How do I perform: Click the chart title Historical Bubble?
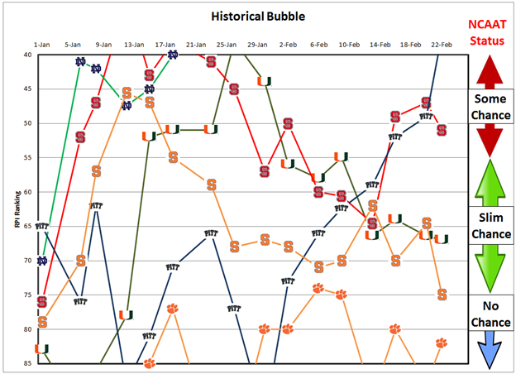[x=257, y=16]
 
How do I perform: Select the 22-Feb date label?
[x=441, y=44]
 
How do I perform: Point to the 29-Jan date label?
[x=257, y=44]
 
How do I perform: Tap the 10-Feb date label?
[x=348, y=44]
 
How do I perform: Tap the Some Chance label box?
[x=490, y=105]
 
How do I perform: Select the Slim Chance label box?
[x=490, y=224]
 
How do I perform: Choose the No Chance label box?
[x=490, y=310]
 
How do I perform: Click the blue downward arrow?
[x=490, y=348]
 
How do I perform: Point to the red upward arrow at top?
[x=490, y=69]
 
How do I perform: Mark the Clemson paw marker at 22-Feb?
[x=442, y=343]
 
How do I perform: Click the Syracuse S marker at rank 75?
[x=442, y=295]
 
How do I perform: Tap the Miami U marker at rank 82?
[x=41, y=349]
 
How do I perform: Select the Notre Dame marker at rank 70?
[x=41, y=261]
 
